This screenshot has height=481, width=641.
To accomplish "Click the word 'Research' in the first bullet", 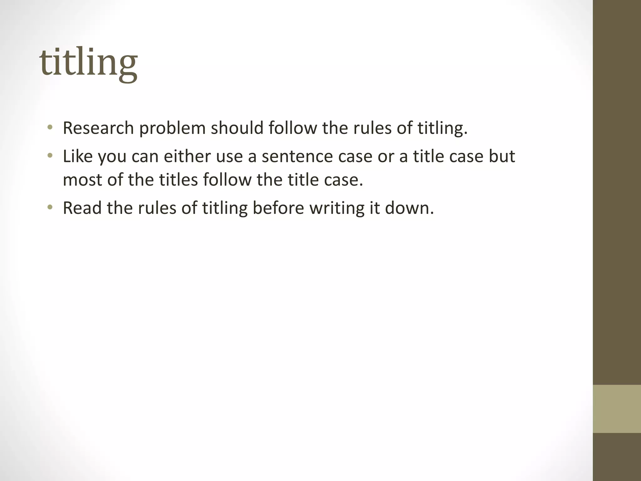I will tap(98, 128).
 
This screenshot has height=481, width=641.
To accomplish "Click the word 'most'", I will tap(83, 180).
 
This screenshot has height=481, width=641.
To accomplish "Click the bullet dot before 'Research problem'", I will tap(50, 127).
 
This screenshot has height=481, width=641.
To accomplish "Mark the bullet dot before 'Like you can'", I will tap(50, 156).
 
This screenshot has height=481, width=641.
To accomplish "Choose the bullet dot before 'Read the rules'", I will tap(50, 207).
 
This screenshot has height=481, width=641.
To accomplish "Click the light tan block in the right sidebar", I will tap(617, 409).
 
